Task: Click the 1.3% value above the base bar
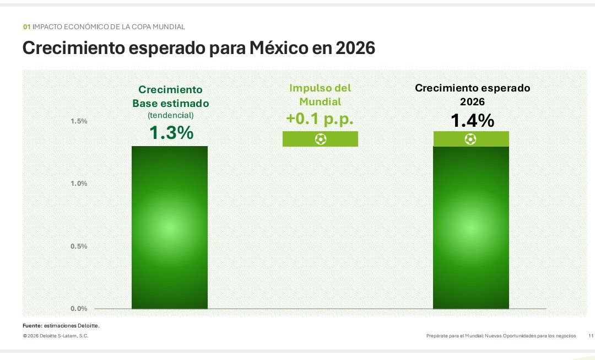[171, 133]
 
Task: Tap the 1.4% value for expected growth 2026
[472, 120]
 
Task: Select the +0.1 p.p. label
[320, 119]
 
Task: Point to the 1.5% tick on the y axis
[79, 121]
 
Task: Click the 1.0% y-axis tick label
[79, 184]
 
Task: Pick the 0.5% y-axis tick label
[79, 246]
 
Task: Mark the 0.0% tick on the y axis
[79, 308]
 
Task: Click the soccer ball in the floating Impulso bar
[320, 139]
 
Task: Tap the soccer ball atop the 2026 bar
[470, 139]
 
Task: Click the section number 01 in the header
[26, 26]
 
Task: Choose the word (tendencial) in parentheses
[170, 115]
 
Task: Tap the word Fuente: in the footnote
[32, 326]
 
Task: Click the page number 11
[591, 336]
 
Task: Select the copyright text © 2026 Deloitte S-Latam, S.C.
[55, 336]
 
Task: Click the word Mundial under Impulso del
[320, 101]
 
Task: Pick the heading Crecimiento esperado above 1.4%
[472, 88]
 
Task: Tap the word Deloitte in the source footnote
[87, 326]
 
